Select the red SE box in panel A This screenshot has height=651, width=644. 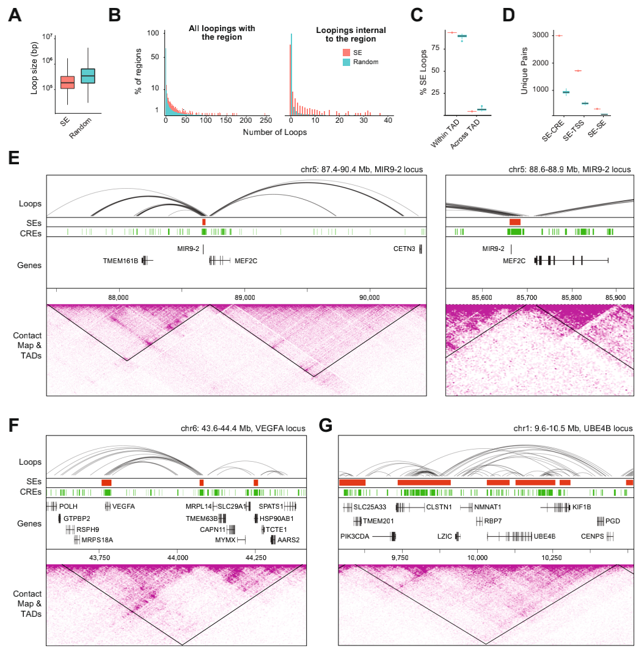point(67,81)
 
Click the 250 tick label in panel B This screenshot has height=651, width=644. point(266,120)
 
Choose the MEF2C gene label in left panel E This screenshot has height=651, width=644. point(246,261)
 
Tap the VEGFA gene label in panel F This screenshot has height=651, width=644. point(123,506)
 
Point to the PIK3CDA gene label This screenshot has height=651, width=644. point(355,536)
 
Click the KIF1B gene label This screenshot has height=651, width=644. point(582,506)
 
